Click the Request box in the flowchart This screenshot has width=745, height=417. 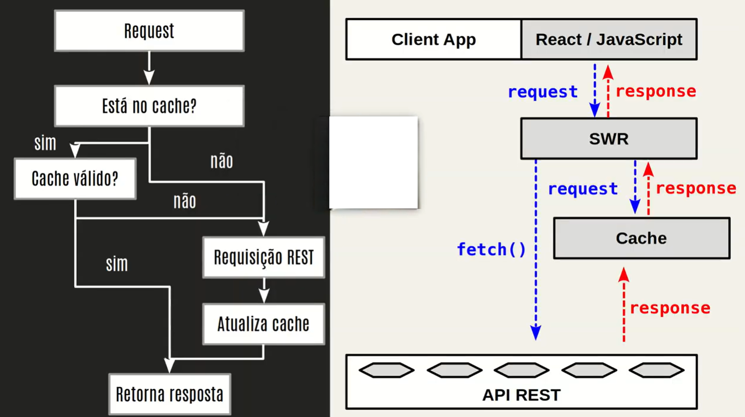[x=149, y=31]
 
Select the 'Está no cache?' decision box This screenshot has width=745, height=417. [x=149, y=106]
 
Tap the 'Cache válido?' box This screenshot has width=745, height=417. [x=75, y=179]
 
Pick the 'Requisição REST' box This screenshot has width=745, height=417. [x=263, y=257]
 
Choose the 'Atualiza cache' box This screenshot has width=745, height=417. [x=263, y=324]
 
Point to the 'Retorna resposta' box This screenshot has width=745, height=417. [x=169, y=394]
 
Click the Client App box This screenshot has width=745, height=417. [x=433, y=39]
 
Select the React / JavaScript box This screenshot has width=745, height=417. [x=609, y=39]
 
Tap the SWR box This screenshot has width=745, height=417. [x=609, y=139]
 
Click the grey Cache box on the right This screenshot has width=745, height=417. [x=641, y=238]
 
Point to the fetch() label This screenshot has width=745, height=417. [x=491, y=249]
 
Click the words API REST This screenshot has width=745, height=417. [x=521, y=395]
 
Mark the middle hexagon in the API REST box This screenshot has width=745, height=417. [x=521, y=371]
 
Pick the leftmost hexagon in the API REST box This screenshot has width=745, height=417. [x=386, y=371]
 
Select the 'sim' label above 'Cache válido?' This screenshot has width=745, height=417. [x=45, y=143]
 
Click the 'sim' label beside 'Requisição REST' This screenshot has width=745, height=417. [x=117, y=264]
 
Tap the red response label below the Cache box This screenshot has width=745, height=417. [x=670, y=308]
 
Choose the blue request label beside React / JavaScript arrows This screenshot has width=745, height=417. [x=543, y=92]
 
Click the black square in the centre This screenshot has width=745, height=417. [x=373, y=163]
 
